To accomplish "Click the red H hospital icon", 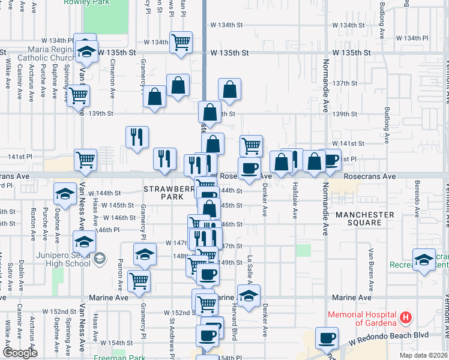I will click(x=406, y=317).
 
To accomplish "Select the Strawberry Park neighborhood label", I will click(x=163, y=193).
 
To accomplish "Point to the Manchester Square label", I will click(x=365, y=218).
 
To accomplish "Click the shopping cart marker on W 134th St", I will click(x=181, y=42).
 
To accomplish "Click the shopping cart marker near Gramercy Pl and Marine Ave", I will click(x=139, y=280).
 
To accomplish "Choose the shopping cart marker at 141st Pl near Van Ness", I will click(x=85, y=160).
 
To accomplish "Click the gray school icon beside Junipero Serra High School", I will click(x=100, y=259).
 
